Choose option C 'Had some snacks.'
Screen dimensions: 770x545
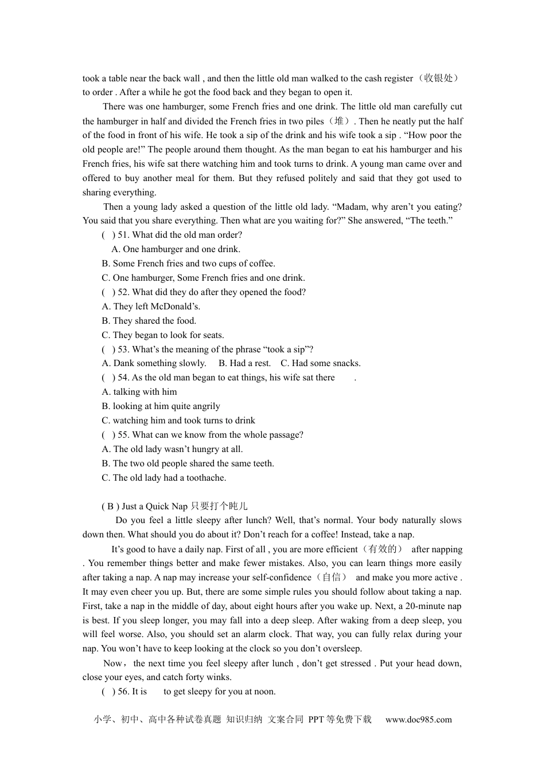[x=321, y=363]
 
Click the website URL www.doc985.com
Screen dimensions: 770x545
[x=418, y=720]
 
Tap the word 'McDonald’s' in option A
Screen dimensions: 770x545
[x=175, y=307]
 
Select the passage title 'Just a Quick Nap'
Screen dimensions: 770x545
[x=154, y=506]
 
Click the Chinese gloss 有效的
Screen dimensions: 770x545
[x=383, y=549]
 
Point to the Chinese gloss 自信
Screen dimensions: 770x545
[x=331, y=577]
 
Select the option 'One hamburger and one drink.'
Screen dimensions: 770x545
[x=176, y=249]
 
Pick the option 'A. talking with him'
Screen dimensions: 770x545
[x=139, y=392]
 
